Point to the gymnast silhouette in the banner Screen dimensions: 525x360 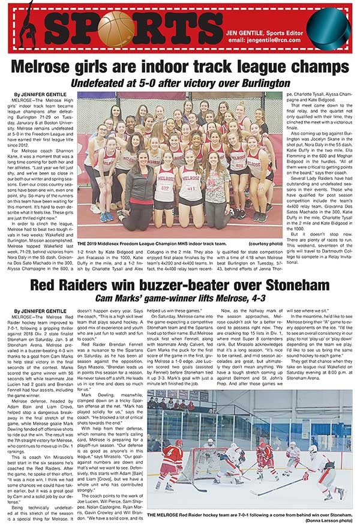click(x=26, y=27)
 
